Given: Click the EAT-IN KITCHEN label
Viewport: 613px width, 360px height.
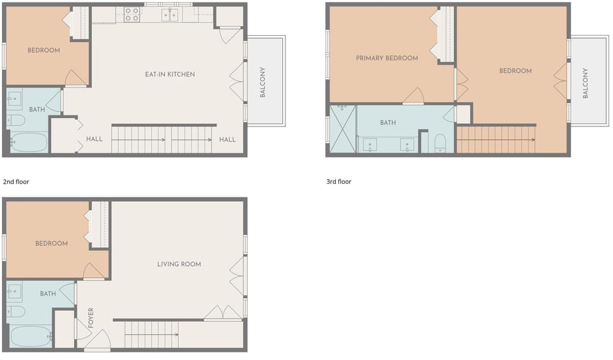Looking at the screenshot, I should [x=170, y=75].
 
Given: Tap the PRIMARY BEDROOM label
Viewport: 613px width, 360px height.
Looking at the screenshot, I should [x=387, y=58].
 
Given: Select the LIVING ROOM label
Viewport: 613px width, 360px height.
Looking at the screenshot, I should [x=179, y=264].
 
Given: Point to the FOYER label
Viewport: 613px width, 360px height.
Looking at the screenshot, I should [x=91, y=318].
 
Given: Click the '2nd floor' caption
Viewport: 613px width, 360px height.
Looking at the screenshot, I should [x=16, y=182].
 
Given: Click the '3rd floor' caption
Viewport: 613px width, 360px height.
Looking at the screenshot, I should [x=338, y=182].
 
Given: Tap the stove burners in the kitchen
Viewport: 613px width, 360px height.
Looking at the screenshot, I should [x=132, y=15].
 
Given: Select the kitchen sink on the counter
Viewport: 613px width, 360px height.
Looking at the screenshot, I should [x=169, y=15].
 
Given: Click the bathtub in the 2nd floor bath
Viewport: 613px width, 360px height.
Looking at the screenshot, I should [x=29, y=142].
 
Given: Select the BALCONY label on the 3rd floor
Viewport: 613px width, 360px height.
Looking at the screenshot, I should [x=586, y=83].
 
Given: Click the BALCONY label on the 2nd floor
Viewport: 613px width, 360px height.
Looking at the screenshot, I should [x=262, y=82].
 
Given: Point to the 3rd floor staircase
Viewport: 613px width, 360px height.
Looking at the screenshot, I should [x=495, y=139].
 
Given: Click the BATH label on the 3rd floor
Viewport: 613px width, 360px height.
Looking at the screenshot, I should [x=388, y=123].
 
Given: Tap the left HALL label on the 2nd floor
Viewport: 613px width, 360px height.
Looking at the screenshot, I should [x=94, y=139].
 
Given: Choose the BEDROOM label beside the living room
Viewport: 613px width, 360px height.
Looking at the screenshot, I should [x=52, y=243].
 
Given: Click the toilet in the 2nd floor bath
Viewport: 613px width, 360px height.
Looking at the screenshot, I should [x=17, y=120].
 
